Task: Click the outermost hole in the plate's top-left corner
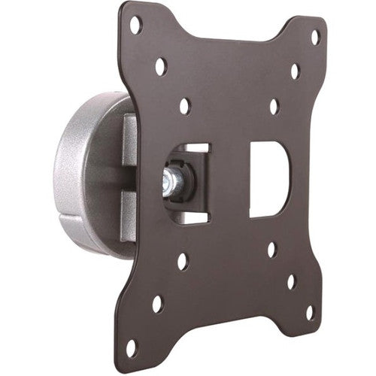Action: [x=135, y=24]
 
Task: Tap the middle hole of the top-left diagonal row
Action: [x=160, y=66]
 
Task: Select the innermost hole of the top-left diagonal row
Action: [x=184, y=106]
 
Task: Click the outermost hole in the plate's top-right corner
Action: [x=314, y=35]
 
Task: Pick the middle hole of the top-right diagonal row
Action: [x=295, y=71]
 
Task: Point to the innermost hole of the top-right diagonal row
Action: [x=274, y=107]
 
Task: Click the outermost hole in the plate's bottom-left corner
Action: [x=132, y=347]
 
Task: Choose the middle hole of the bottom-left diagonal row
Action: [x=157, y=304]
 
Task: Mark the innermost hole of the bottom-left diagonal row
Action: [x=183, y=262]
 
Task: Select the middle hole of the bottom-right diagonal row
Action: [x=291, y=281]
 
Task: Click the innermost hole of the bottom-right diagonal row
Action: [x=272, y=249]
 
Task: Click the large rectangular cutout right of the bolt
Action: [x=270, y=179]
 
